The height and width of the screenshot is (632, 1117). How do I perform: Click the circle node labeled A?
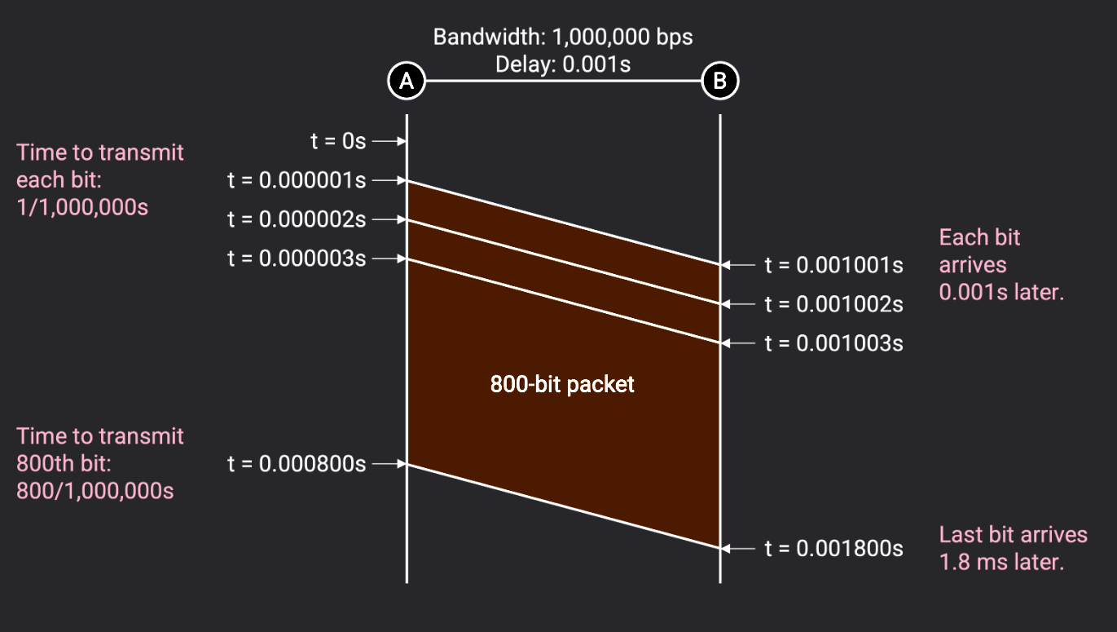click(x=407, y=81)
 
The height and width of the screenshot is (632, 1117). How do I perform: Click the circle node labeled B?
click(x=720, y=81)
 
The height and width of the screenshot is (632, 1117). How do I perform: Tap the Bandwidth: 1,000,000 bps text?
click(x=562, y=38)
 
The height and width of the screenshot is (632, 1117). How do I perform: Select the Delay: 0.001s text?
click(x=562, y=63)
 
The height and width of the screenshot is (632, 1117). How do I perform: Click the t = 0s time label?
click(x=339, y=141)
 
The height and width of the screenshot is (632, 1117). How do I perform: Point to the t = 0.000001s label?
click(x=297, y=180)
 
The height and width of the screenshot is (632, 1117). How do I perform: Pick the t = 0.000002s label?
click(x=297, y=219)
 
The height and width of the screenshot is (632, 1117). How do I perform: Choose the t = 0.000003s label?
click(x=297, y=259)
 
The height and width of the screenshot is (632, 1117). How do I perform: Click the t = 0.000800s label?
click(x=297, y=464)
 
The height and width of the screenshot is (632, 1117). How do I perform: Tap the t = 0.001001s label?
click(x=833, y=265)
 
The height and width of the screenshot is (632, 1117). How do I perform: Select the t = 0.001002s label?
click(x=833, y=304)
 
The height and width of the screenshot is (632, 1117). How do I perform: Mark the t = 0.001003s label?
click(x=833, y=343)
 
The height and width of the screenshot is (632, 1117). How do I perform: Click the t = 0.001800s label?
click(x=833, y=549)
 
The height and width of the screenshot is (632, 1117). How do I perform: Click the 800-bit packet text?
click(x=562, y=384)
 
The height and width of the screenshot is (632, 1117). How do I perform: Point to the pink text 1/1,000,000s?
click(x=82, y=207)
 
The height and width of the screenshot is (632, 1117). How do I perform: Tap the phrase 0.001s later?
click(x=1001, y=292)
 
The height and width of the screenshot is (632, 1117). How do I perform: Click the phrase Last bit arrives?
click(x=1013, y=535)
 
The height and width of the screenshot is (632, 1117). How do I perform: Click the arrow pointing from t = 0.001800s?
click(x=740, y=549)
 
